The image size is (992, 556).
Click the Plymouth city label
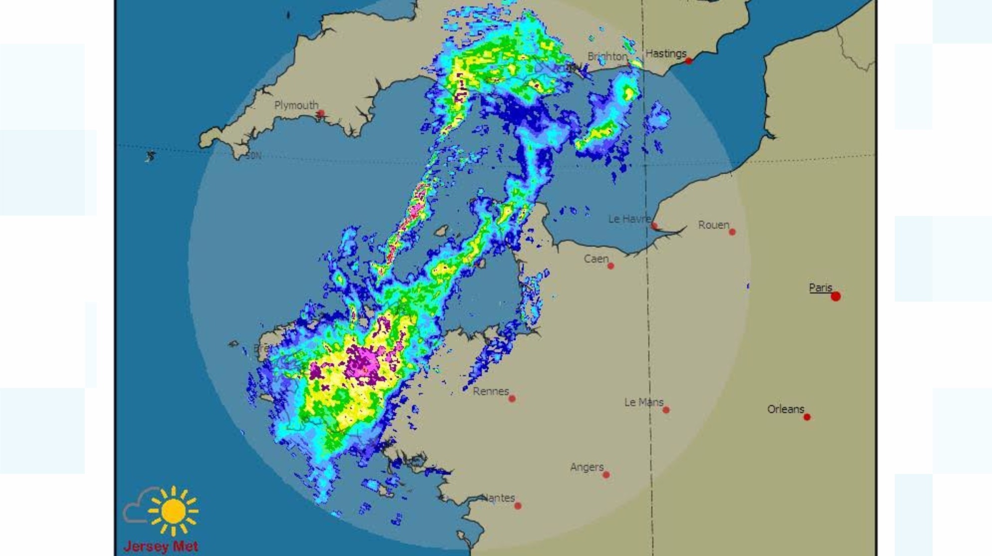coord(296,106)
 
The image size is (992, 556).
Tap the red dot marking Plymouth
coord(321,114)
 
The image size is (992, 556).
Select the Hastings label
coord(666,53)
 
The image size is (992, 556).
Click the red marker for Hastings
coord(689,61)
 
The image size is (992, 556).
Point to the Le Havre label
coord(629,219)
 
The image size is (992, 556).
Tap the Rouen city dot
coord(732,232)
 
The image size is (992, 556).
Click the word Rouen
coord(713,225)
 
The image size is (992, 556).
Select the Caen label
coord(596,259)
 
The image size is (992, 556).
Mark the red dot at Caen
coord(610,266)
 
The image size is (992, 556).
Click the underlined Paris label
coord(820,288)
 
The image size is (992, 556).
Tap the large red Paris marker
coord(836,296)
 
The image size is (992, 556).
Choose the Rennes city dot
coord(512,399)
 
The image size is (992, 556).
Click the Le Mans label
coord(643,402)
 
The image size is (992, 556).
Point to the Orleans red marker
coord(807,417)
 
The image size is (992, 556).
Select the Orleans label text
coord(786,410)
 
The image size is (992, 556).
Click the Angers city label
coord(587,467)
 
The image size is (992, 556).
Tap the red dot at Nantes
coord(518,506)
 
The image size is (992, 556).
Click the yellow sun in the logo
coord(173,511)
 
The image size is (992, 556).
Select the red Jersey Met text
coord(161,547)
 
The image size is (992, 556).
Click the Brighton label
coord(607,57)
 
